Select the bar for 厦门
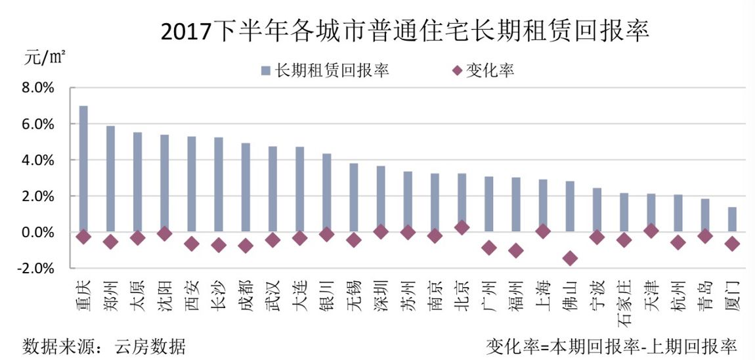pos(732,219)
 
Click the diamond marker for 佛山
pos(570,258)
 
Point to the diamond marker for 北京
pos(462,227)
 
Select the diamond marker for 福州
pos(516,250)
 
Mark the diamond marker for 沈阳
pos(165,233)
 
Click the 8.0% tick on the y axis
pos(39,88)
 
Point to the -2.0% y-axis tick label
pos(37,269)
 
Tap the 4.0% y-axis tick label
pos(39,160)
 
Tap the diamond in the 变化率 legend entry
pos(458,70)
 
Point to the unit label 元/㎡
pos(44,57)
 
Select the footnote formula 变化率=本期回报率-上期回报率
pos(611,346)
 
